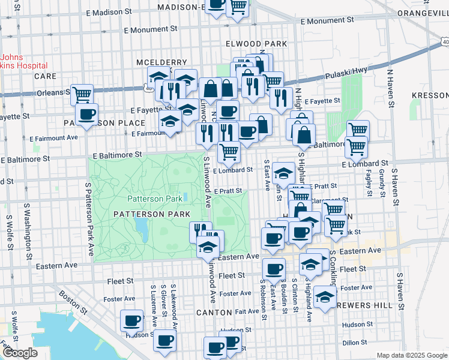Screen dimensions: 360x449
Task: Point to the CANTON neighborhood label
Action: coord(214,313)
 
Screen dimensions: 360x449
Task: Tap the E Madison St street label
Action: coord(109,12)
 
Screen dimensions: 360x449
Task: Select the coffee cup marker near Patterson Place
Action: coord(86,114)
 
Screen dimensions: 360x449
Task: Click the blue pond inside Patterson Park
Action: coord(142,227)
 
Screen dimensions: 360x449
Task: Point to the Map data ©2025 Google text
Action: coord(411,355)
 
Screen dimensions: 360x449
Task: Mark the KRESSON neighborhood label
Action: coord(430,96)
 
